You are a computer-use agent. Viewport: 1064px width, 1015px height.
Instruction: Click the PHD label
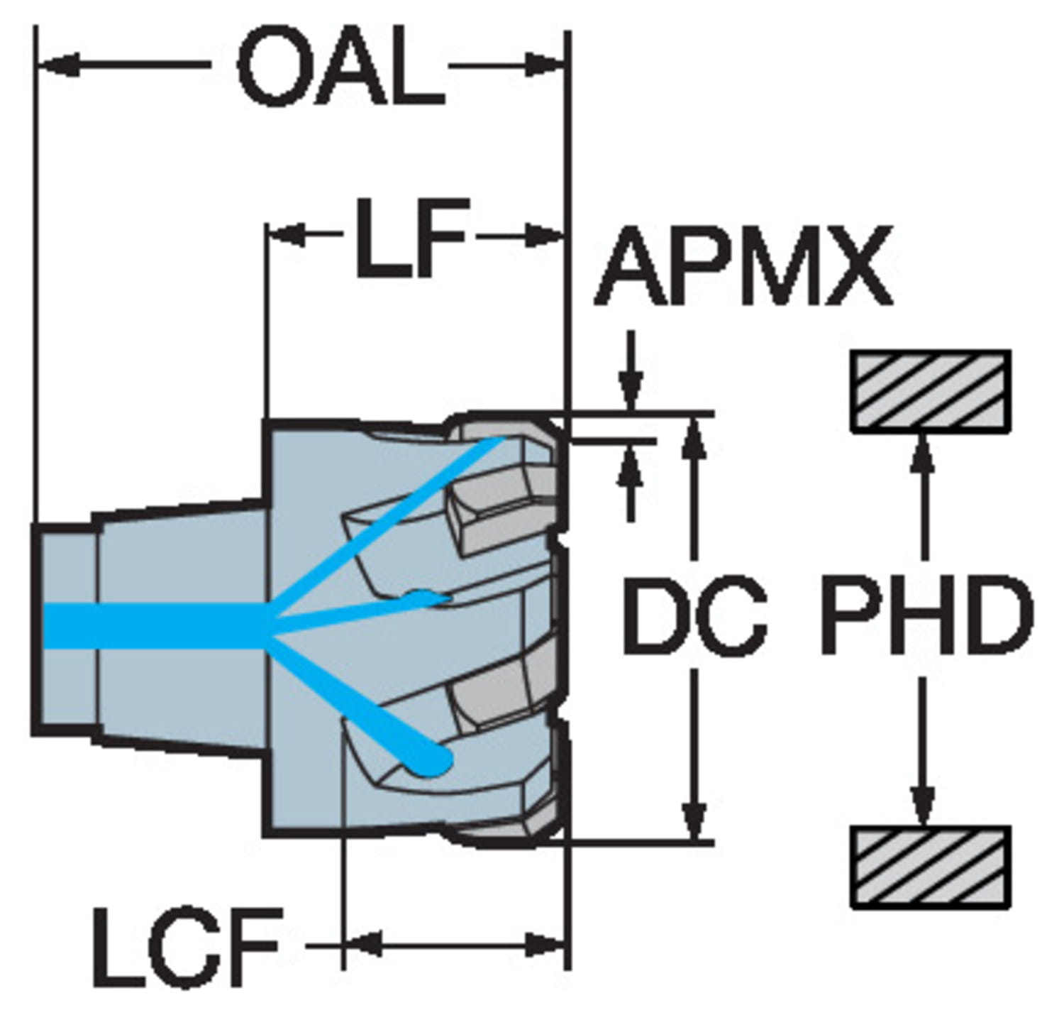(x=926, y=615)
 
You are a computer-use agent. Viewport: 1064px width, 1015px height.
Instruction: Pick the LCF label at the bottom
(x=185, y=945)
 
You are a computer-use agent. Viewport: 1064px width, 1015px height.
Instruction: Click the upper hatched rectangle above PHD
(x=931, y=390)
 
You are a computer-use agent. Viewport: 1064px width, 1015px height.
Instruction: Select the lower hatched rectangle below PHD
(x=931, y=867)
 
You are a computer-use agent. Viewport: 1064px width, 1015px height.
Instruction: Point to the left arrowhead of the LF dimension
(x=287, y=234)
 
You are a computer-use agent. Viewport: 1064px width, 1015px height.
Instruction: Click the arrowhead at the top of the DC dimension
(x=696, y=434)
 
